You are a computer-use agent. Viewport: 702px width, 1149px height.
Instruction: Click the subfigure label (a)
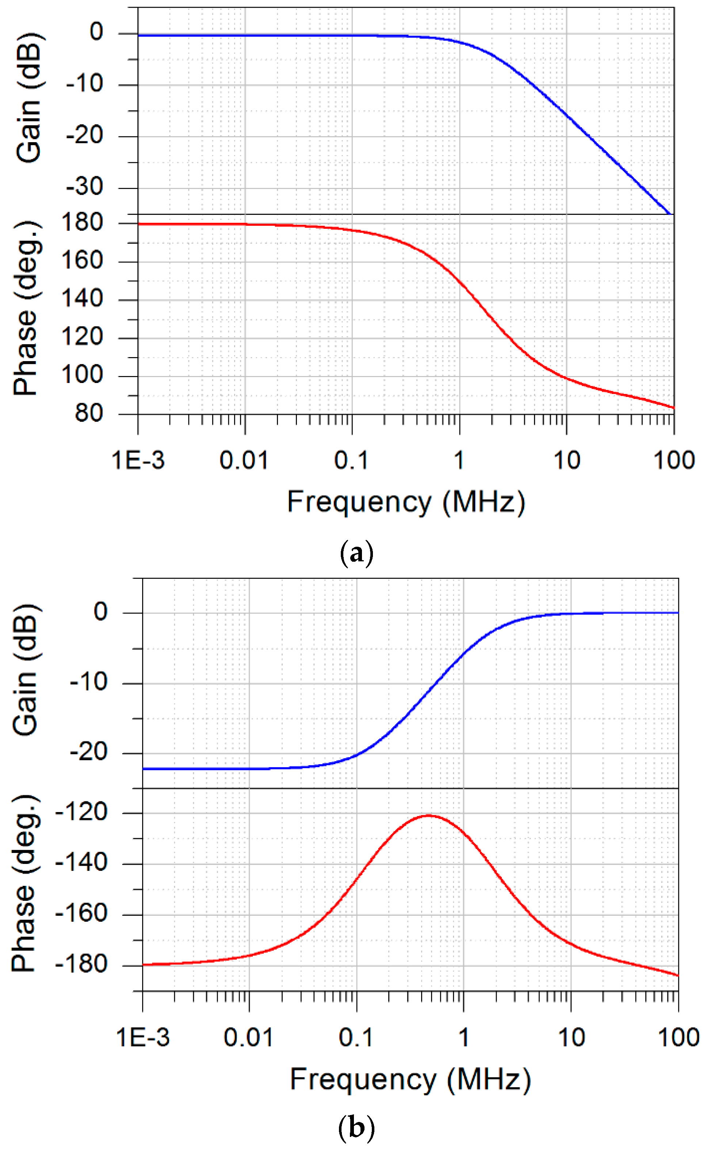pyautogui.click(x=356, y=554)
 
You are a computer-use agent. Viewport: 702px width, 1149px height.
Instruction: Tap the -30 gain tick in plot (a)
pyautogui.click(x=84, y=187)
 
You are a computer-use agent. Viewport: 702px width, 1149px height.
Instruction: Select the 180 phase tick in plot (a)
pyautogui.click(x=82, y=223)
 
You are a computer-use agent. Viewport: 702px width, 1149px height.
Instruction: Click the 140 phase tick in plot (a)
pyautogui.click(x=82, y=299)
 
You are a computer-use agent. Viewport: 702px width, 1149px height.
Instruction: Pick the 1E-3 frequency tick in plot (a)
pyautogui.click(x=138, y=461)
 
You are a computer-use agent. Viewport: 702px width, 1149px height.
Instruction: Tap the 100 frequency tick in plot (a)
pyautogui.click(x=674, y=461)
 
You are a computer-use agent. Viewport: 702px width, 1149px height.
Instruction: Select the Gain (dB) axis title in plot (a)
pyautogui.click(x=29, y=98)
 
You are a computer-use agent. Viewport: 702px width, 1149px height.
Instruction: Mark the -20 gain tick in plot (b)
pyautogui.click(x=88, y=752)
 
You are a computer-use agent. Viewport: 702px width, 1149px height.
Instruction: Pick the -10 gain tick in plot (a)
pyautogui.click(x=84, y=84)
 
